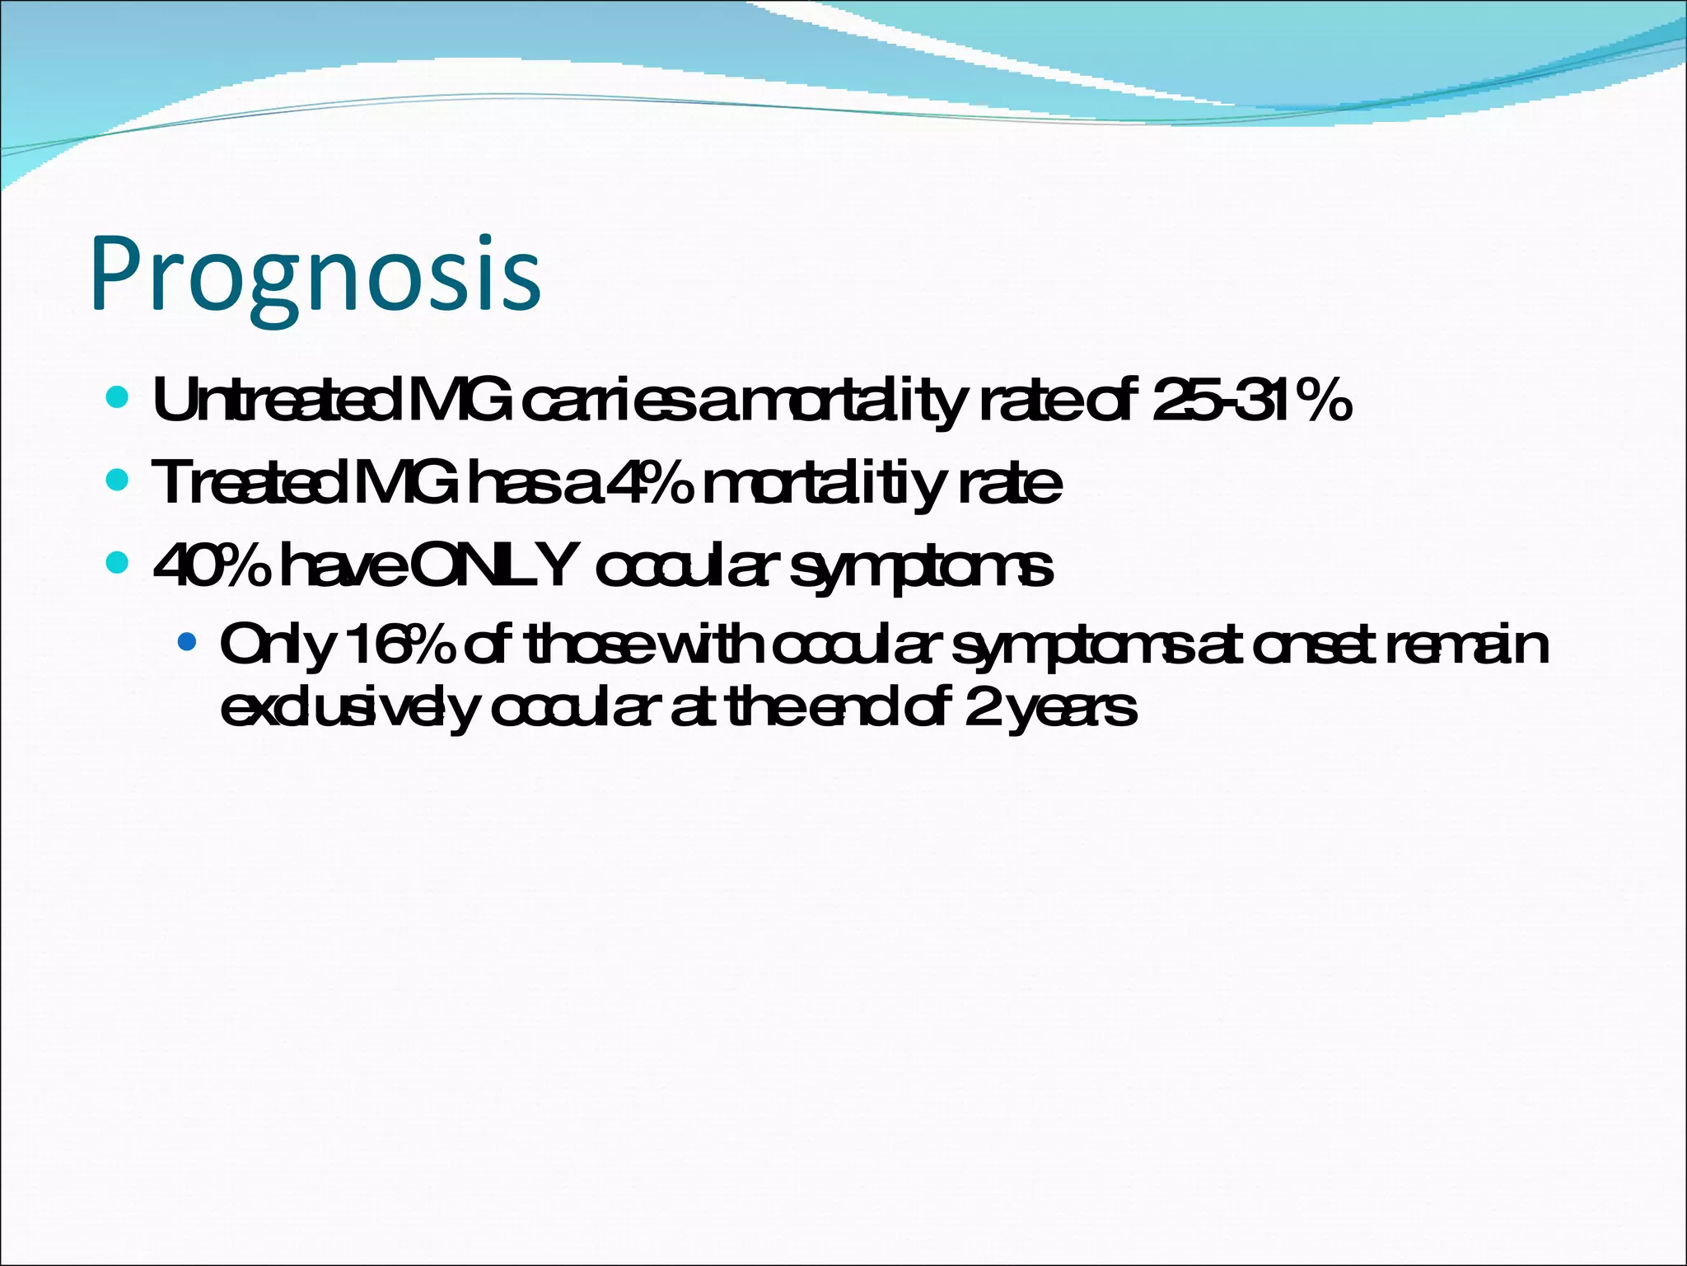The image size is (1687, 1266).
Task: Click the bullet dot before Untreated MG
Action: coord(118,399)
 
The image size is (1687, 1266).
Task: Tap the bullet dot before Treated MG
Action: coord(118,480)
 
